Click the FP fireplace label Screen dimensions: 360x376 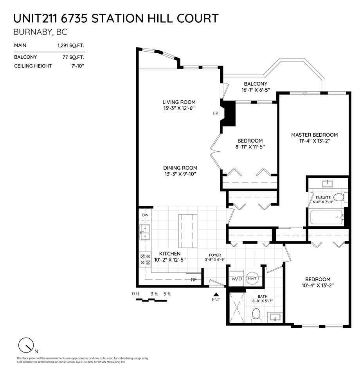(216, 113)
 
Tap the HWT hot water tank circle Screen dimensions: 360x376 (252, 278)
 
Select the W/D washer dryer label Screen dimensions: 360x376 (236, 278)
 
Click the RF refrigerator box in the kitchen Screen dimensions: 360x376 (194, 279)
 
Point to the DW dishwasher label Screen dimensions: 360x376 (145, 215)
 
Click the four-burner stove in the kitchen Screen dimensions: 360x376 (145, 259)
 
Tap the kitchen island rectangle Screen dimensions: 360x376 (188, 231)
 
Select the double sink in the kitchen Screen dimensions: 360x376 (145, 232)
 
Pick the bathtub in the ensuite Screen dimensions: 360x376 (327, 217)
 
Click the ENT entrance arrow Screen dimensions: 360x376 (216, 294)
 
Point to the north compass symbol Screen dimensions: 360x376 (26, 345)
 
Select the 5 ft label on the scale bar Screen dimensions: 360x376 (167, 294)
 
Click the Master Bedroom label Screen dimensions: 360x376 (314, 135)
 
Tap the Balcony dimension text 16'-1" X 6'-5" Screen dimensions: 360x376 (256, 90)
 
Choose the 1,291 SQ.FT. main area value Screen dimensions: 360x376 (71, 45)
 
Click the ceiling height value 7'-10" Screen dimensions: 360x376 (77, 66)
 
